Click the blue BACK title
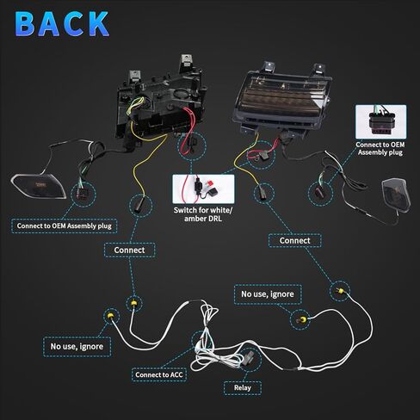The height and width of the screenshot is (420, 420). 62,24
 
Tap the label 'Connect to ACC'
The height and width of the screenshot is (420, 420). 159,374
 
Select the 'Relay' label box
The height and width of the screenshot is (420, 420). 243,388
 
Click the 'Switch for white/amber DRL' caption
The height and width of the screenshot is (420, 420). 203,214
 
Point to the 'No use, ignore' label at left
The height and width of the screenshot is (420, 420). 77,347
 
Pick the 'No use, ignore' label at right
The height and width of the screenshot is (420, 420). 268,294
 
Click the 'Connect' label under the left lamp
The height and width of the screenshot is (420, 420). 129,250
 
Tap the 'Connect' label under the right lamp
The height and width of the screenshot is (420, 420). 294,241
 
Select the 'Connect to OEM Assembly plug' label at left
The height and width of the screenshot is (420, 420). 65,226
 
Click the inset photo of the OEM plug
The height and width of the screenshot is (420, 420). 380,121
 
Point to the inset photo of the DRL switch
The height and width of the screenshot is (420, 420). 203,189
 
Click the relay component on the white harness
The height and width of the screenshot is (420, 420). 249,357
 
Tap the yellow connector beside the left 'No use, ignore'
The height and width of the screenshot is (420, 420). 110,316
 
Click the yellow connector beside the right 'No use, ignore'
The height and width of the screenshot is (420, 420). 304,319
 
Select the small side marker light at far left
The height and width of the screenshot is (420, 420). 39,187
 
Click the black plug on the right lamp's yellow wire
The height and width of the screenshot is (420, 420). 262,193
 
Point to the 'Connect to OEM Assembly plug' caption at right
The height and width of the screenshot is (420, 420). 380,149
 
